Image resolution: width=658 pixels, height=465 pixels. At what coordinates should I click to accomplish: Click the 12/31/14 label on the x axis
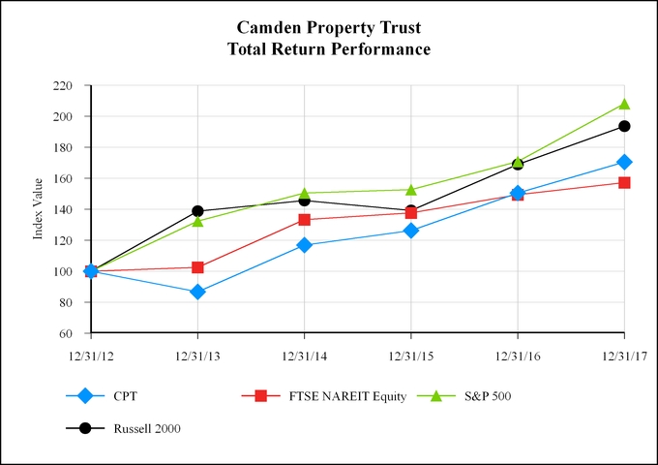(x=305, y=356)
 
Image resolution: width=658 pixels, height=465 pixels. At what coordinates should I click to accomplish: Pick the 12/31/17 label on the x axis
(x=624, y=356)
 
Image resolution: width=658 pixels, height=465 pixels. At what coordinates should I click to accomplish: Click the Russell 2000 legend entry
(x=145, y=428)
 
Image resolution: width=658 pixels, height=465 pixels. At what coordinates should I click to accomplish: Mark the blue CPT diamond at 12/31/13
(x=197, y=292)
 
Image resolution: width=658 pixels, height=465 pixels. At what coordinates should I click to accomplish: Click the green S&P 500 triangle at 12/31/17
(x=624, y=104)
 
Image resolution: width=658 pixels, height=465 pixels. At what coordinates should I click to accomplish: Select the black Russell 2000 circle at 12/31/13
(x=197, y=211)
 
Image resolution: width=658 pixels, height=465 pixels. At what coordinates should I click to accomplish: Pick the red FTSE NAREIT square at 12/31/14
(x=305, y=220)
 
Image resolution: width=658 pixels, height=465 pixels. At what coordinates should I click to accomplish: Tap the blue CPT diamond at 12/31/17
(x=624, y=162)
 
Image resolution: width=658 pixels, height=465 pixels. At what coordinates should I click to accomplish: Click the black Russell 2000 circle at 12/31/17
(x=624, y=126)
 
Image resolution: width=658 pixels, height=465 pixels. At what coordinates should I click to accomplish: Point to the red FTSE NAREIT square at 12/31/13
(x=197, y=267)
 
